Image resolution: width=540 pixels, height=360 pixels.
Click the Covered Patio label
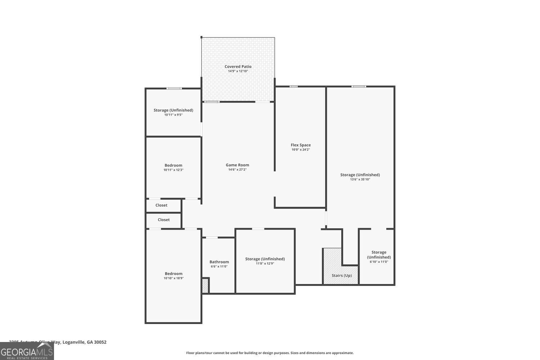(x=238, y=67)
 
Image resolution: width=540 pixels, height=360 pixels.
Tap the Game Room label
(x=237, y=165)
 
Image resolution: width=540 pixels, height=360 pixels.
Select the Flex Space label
(x=301, y=145)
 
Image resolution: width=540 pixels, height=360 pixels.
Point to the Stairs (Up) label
(x=342, y=275)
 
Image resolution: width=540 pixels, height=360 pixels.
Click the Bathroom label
(x=219, y=262)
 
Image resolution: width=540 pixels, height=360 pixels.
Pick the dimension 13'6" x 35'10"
(x=360, y=179)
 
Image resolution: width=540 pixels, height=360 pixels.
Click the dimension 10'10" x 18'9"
(x=174, y=278)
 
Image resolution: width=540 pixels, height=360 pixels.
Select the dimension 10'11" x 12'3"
(x=174, y=170)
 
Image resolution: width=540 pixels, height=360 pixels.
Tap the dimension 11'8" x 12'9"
(x=265, y=264)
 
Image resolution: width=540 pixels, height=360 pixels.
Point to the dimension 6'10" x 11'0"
(x=379, y=262)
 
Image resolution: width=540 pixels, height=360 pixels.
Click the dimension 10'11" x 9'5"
(x=174, y=115)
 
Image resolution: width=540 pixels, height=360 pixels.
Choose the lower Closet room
(x=163, y=220)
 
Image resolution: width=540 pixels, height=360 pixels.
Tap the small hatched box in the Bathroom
(x=205, y=286)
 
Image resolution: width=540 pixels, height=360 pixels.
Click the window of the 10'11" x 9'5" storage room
(x=174, y=89)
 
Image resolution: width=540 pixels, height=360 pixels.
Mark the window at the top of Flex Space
(x=294, y=86)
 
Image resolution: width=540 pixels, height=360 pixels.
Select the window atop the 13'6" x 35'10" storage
(x=359, y=86)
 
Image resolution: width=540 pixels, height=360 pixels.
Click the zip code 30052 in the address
(x=100, y=342)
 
